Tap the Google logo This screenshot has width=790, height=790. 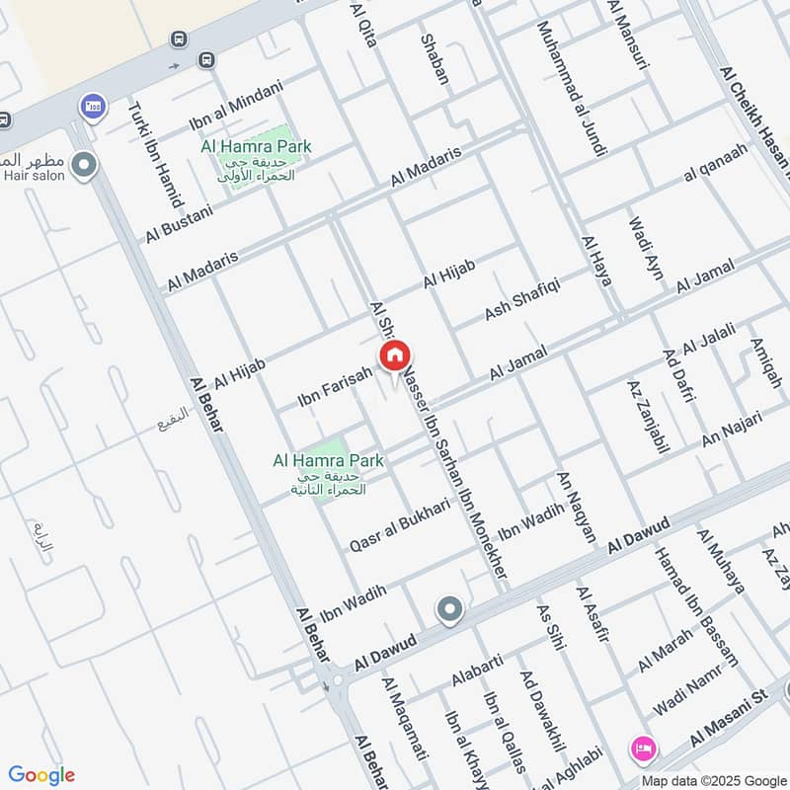(x=41, y=775)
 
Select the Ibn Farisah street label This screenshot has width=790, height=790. (x=337, y=387)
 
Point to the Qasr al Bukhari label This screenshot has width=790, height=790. (x=399, y=524)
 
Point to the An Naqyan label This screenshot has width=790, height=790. (x=578, y=507)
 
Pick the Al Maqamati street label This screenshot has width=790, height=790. (x=405, y=718)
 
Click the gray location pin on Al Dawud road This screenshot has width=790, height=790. (x=449, y=610)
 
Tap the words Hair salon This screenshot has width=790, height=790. (x=33, y=176)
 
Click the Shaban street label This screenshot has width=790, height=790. (x=435, y=59)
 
